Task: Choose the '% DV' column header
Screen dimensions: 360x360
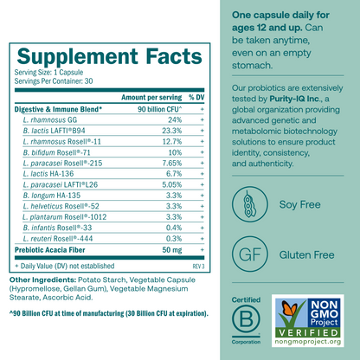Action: pos(196,99)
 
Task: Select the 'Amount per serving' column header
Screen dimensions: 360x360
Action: pos(145,99)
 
